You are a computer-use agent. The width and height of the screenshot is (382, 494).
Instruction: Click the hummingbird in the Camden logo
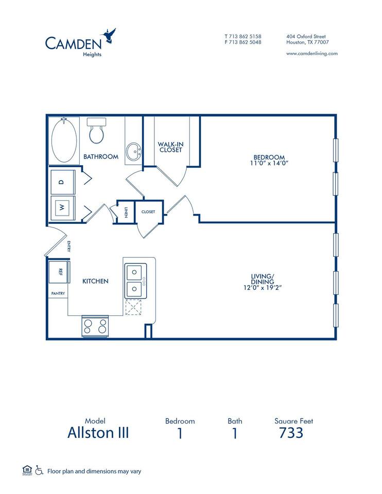click(x=110, y=34)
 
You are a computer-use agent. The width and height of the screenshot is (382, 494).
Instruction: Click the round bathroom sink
click(x=135, y=151)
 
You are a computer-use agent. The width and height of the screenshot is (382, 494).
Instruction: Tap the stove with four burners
click(x=95, y=326)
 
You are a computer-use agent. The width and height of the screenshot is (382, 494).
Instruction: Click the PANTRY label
click(x=58, y=293)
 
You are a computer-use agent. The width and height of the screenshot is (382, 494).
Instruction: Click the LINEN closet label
click(x=126, y=211)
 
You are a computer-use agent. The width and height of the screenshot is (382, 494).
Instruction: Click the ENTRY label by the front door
click(x=68, y=246)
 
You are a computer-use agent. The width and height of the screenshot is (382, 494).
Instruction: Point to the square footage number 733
click(x=291, y=433)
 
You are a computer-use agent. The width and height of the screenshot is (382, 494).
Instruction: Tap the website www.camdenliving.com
click(x=311, y=53)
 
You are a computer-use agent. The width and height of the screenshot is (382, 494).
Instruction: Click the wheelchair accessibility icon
click(x=39, y=470)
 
